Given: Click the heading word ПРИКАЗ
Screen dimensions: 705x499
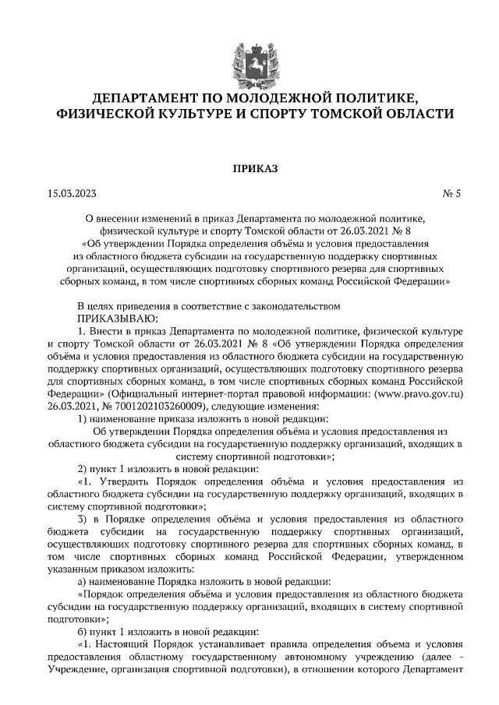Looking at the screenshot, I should [249, 167].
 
